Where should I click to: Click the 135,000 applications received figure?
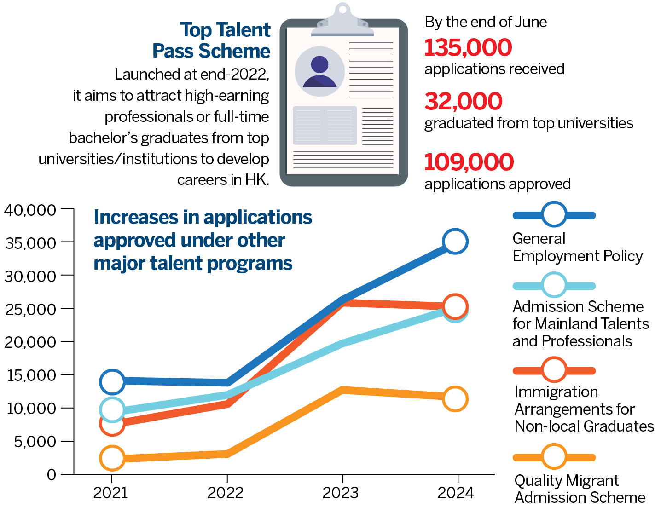coord(468,47)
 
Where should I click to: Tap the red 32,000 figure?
coord(463,101)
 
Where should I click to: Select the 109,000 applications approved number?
coord(469,161)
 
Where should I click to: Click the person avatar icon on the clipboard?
coord(319,72)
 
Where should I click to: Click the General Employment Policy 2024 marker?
coord(455,241)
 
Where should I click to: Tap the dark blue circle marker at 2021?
coord(112,381)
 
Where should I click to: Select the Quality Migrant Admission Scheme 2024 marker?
coord(455,398)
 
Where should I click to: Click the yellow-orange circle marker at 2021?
coord(112,458)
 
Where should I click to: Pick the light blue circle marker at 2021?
coord(112,409)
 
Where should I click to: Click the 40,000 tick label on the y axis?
coord(30,210)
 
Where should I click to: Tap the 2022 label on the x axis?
coord(225,493)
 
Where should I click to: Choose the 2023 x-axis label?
coord(340,493)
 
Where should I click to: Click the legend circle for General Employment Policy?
coord(554,214)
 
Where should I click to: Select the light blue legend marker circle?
coord(554,285)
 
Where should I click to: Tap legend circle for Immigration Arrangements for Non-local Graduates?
coord(554,369)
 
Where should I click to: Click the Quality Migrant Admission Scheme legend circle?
coord(554,456)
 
